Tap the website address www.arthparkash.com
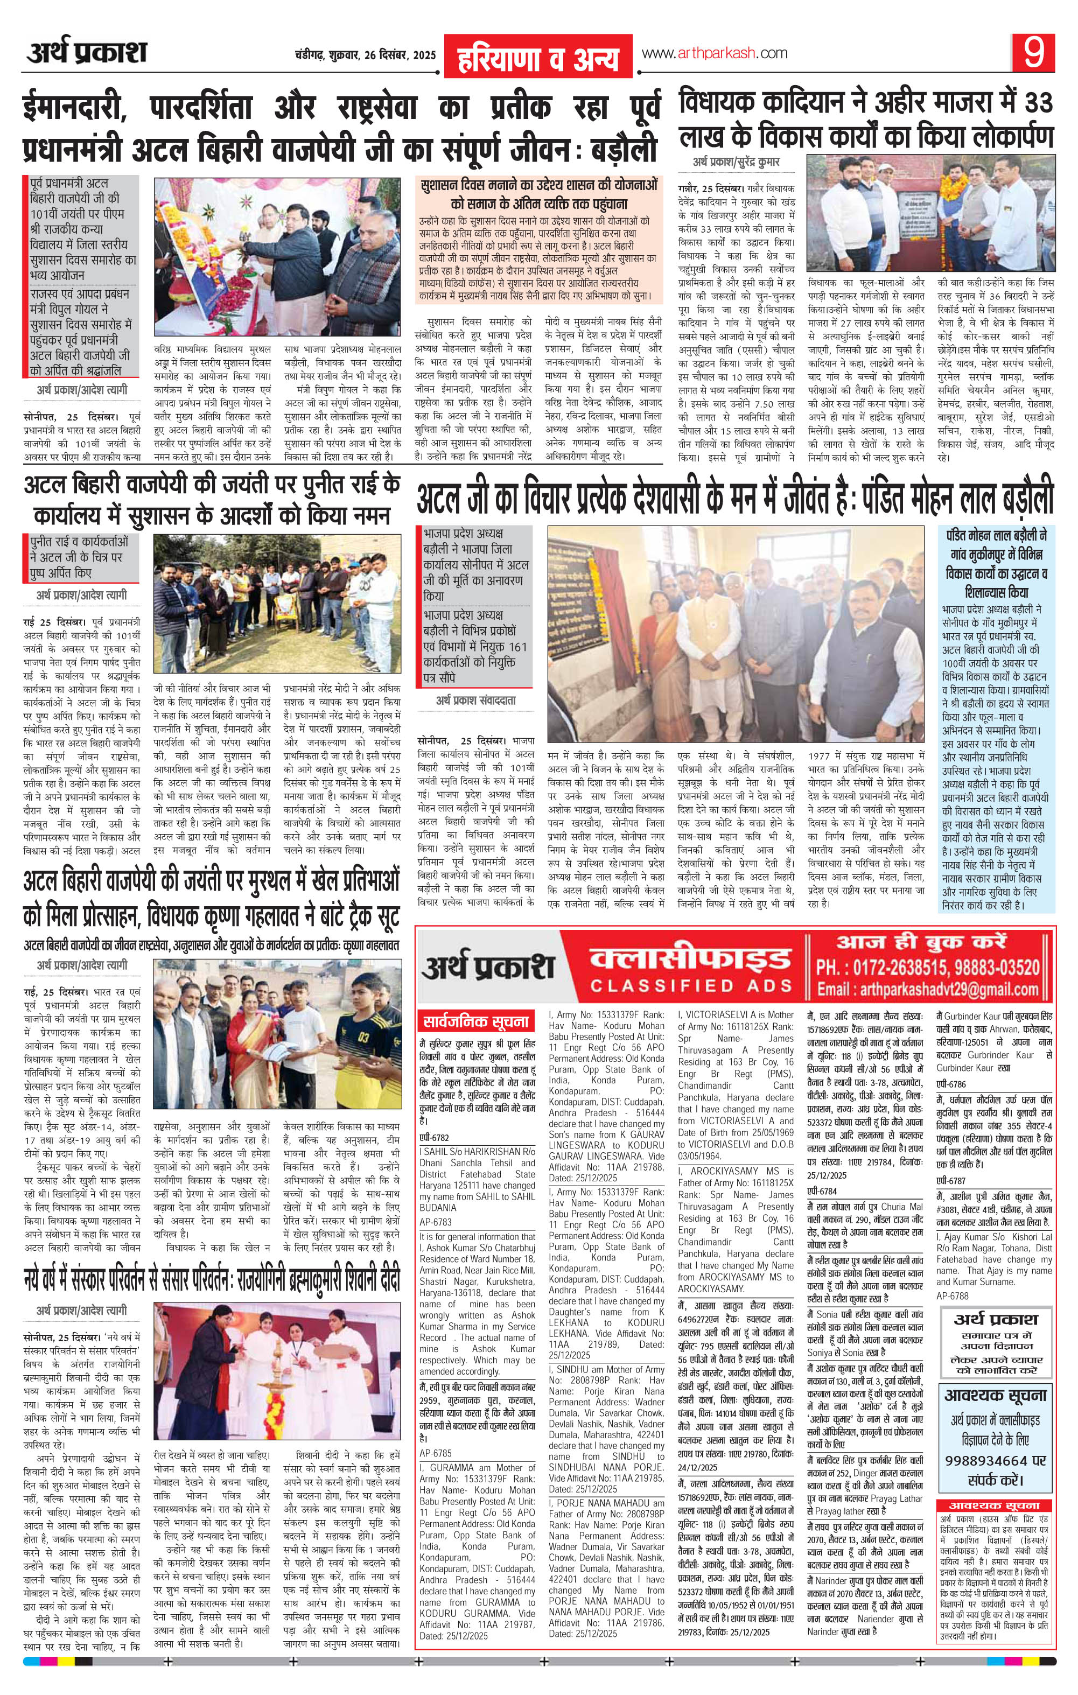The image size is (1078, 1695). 714,53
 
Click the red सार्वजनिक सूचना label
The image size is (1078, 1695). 475,1020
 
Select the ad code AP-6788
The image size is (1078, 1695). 953,1296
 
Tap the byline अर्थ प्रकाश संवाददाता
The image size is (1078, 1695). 475,701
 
